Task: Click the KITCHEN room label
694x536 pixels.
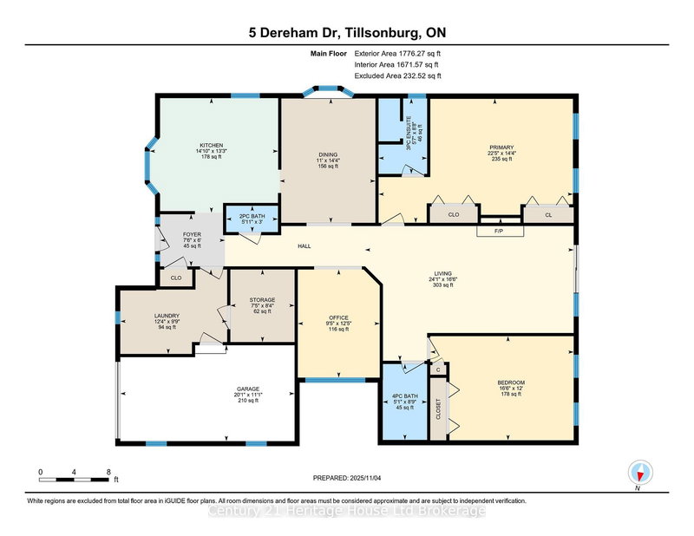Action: click(212, 145)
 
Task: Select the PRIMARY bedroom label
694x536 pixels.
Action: click(501, 147)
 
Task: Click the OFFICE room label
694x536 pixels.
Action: click(337, 318)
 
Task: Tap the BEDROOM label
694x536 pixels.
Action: click(511, 382)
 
